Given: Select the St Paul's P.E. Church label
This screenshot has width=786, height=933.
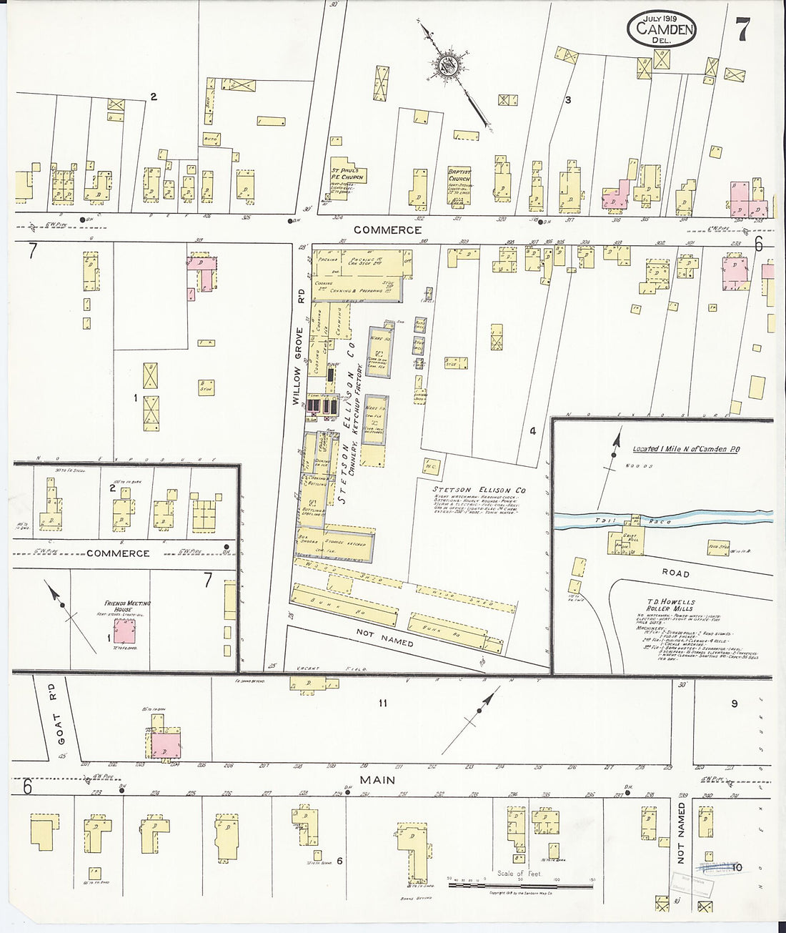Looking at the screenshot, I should [x=347, y=174].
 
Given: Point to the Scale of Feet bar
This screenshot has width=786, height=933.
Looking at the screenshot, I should [x=520, y=885].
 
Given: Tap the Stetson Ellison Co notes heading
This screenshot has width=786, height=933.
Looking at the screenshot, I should [x=479, y=490].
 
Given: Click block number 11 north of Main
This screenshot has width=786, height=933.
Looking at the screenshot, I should [x=382, y=704].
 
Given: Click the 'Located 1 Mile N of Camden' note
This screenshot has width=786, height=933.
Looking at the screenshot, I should [x=679, y=450].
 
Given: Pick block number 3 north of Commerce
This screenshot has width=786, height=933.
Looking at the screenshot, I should [x=568, y=100].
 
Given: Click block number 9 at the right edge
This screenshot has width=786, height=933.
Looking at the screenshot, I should [x=734, y=704].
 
